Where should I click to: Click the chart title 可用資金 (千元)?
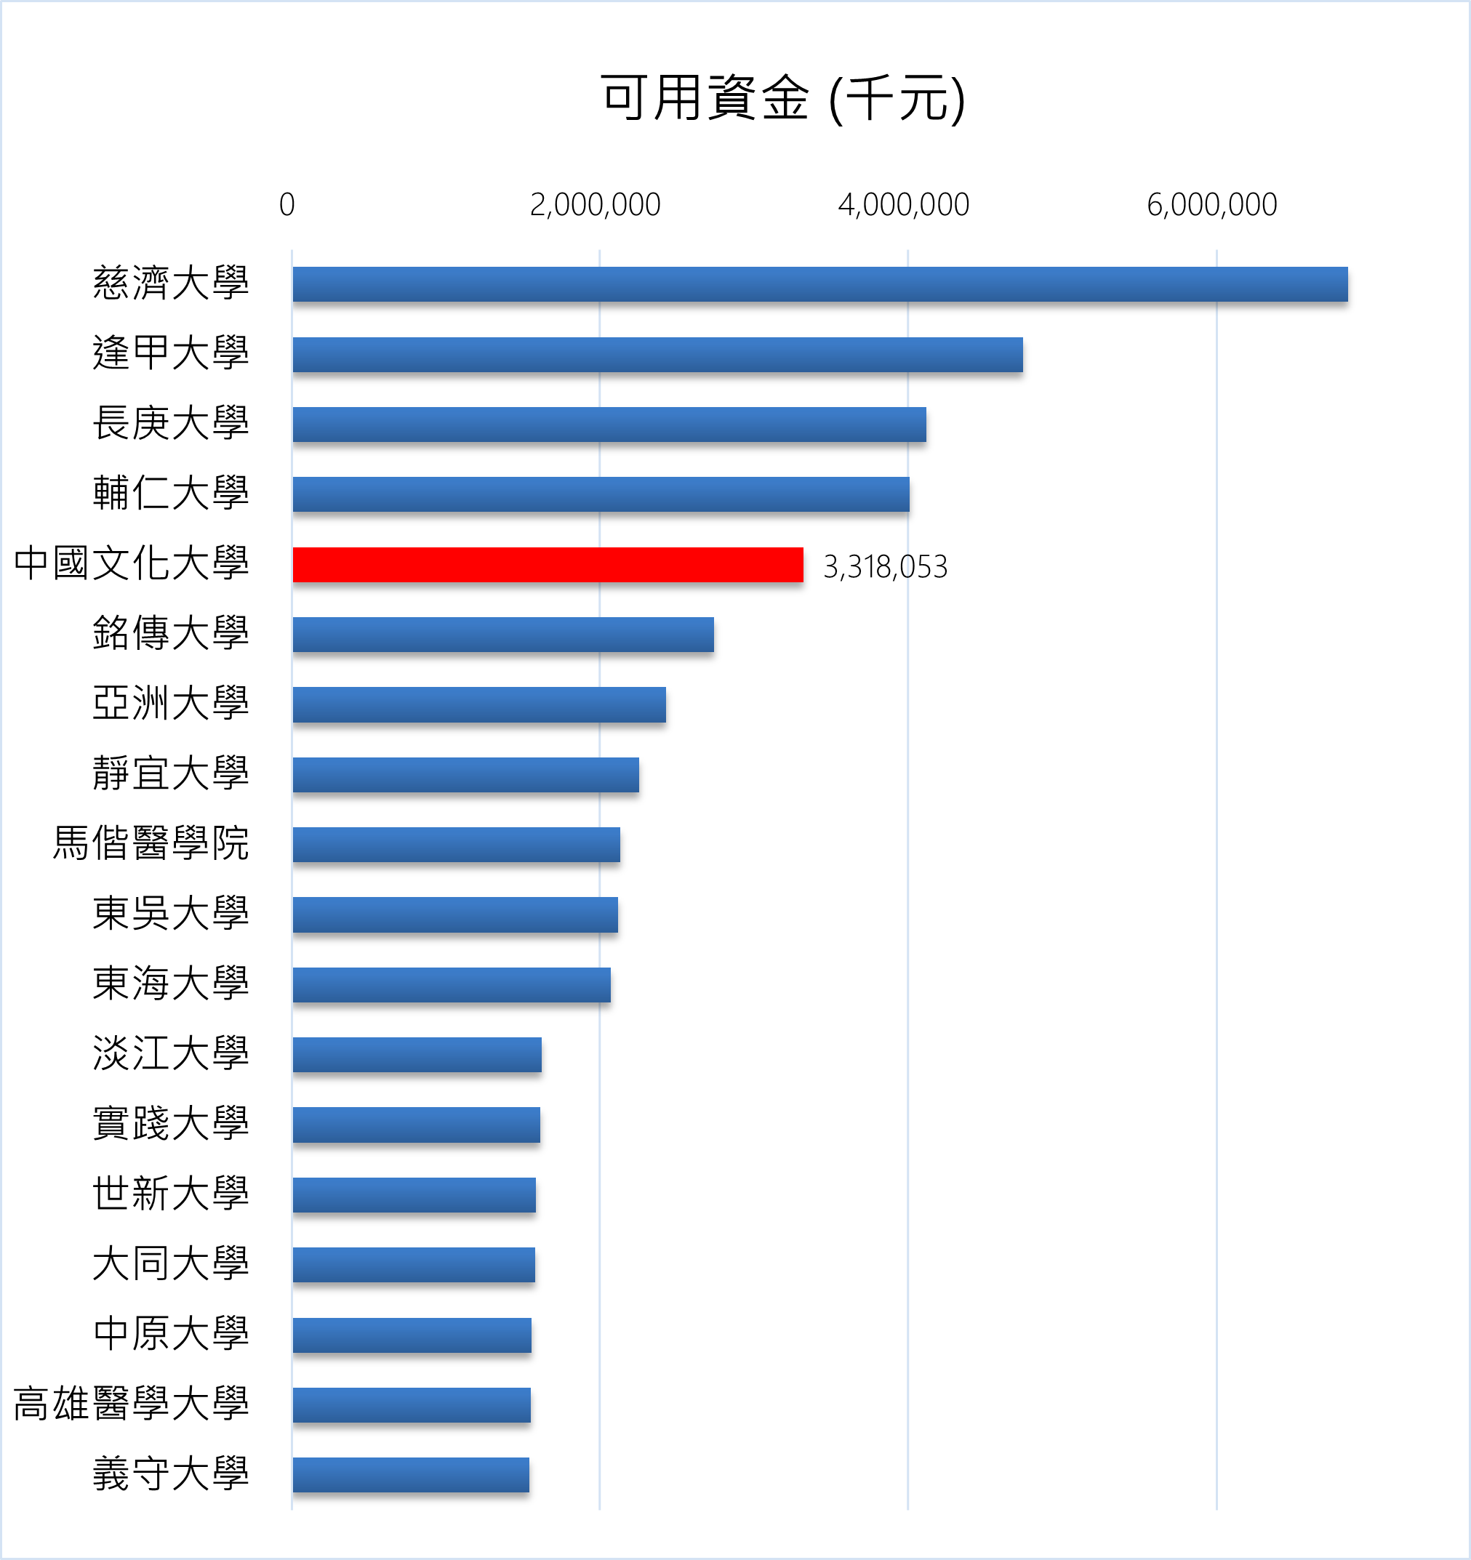tap(782, 99)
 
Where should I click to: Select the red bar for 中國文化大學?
tap(548, 565)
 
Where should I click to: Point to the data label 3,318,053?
tap(885, 566)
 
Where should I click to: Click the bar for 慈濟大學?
tap(819, 284)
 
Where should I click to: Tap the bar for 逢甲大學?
tap(658, 355)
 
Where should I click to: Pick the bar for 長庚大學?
tap(609, 425)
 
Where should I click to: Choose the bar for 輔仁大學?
tap(601, 494)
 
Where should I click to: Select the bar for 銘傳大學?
tap(503, 635)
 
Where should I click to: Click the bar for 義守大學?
tap(411, 1474)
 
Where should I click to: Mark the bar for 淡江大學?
tap(417, 1055)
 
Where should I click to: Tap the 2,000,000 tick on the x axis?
tap(595, 205)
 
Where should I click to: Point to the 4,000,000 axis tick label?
tap(904, 205)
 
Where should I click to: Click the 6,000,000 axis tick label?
tap(1212, 205)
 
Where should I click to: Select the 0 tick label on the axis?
tap(286, 205)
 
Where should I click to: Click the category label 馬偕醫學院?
tap(151, 843)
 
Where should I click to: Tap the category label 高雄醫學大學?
tap(131, 1404)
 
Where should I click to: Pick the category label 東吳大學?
tap(170, 914)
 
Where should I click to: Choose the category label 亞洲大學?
tap(170, 703)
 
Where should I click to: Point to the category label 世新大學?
tap(170, 1194)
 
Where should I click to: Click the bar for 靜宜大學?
tap(465, 774)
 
